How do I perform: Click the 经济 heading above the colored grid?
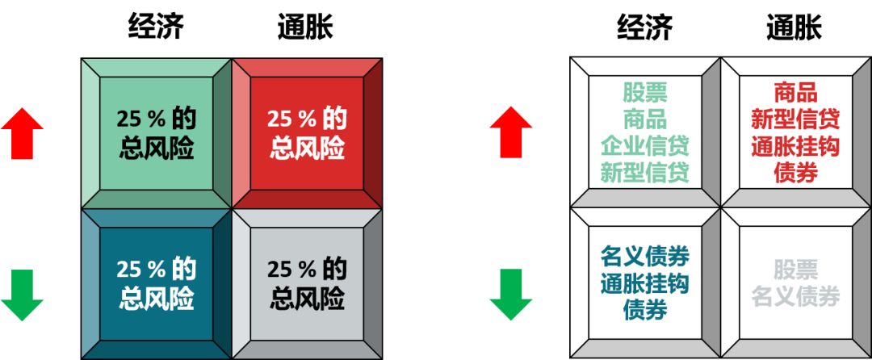coord(156,27)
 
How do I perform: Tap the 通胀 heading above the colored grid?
coord(305,27)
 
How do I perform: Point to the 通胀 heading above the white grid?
coord(794,27)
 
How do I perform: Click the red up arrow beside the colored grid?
coord(22,132)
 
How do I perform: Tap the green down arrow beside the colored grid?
coord(22,295)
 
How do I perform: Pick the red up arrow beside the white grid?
coord(510,132)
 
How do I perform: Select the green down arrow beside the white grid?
coord(510,295)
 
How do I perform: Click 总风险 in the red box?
coord(307,149)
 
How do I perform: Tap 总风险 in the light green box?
coord(157,149)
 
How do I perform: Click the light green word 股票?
coord(644,92)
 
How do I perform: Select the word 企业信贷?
coord(644,146)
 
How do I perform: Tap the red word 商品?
coord(795,92)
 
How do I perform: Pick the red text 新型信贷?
coord(795,119)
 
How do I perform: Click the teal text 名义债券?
coord(644,257)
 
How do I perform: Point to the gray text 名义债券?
coord(795,296)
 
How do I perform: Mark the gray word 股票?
coord(795,269)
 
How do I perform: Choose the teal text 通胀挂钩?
coord(644,283)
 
